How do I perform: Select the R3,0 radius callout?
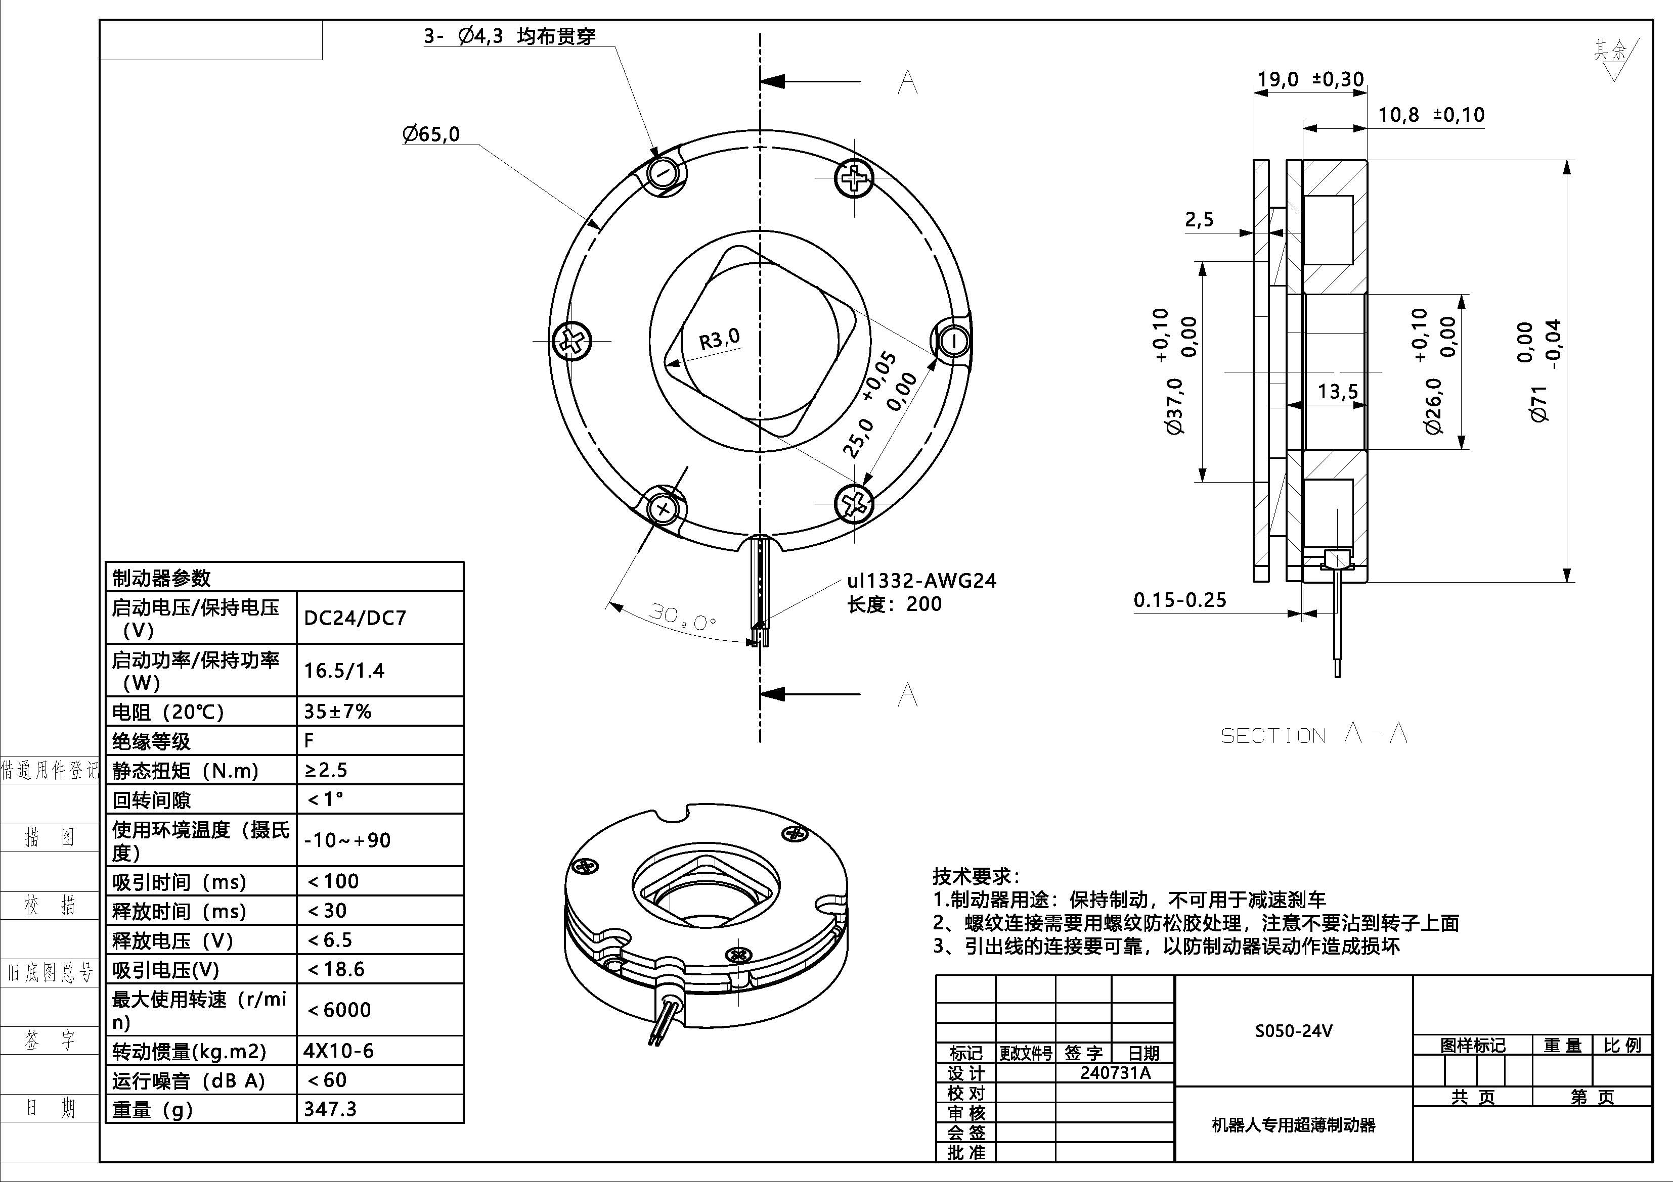(x=719, y=339)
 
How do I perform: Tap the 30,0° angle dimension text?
(x=682, y=618)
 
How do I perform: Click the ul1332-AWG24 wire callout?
(x=921, y=581)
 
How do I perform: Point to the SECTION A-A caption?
(x=1313, y=734)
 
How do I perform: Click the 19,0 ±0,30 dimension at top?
(x=1310, y=79)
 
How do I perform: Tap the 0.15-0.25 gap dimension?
(x=1180, y=600)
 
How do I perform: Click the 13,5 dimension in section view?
(x=1337, y=392)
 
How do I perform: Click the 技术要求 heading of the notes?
(x=976, y=876)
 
